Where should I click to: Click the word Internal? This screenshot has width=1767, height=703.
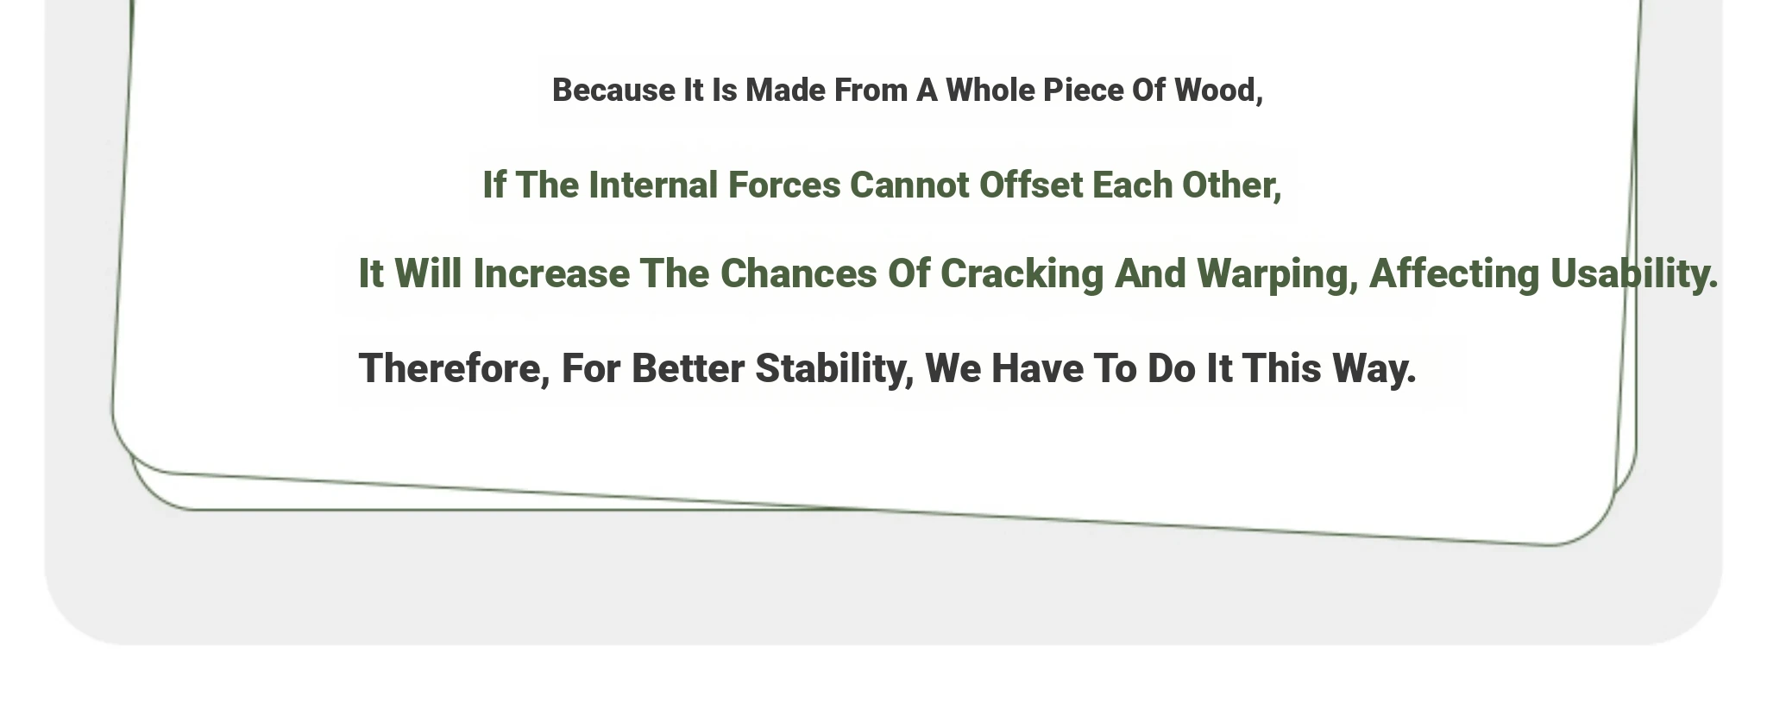coord(653,185)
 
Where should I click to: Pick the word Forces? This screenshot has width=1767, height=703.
coord(784,185)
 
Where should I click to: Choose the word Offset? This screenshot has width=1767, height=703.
coord(1030,185)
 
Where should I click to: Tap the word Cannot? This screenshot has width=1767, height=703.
coord(909,185)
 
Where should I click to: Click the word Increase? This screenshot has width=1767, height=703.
coord(551,274)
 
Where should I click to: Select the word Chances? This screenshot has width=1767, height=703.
coord(799,274)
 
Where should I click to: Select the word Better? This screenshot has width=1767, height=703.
coord(688,368)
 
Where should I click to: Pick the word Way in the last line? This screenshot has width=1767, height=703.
coord(1374,369)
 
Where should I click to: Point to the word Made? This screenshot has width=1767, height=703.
coord(785,91)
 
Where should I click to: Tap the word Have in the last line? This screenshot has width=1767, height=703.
coord(1037,368)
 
